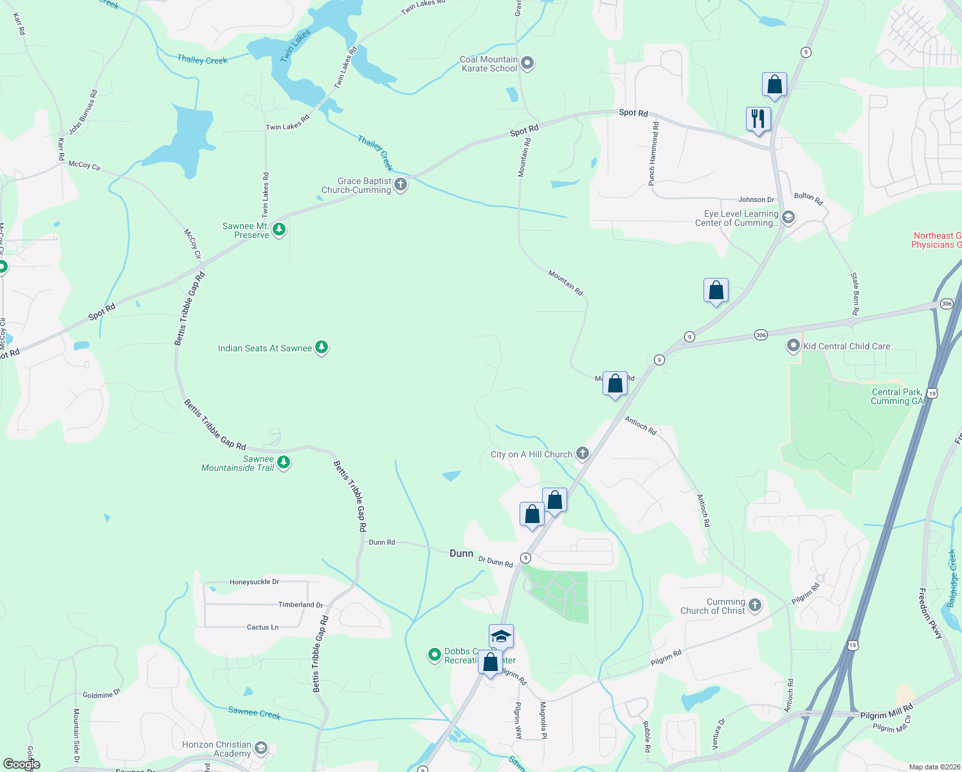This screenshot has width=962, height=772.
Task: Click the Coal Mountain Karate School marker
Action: click(527, 63)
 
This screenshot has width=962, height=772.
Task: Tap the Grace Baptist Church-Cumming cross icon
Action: click(401, 185)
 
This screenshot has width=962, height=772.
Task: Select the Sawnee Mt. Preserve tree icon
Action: click(279, 230)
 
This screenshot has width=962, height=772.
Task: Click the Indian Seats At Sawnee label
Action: click(265, 348)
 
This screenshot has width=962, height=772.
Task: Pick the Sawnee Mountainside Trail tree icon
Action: click(283, 463)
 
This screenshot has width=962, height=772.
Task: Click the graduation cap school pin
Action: click(501, 637)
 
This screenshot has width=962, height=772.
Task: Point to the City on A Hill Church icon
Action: click(583, 454)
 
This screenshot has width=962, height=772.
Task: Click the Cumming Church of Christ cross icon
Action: click(755, 605)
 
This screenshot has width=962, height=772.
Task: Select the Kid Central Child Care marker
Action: click(794, 346)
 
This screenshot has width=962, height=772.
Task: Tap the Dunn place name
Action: click(461, 553)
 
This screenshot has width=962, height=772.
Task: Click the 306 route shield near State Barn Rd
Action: click(761, 335)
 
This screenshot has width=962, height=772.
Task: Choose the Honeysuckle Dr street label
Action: click(254, 582)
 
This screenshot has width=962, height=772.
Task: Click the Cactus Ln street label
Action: click(262, 627)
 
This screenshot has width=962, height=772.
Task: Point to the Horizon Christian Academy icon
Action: click(260, 748)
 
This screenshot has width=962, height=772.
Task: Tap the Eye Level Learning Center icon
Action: click(788, 217)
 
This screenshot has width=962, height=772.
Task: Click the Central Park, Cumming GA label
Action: click(896, 396)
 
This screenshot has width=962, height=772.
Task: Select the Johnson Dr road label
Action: click(756, 199)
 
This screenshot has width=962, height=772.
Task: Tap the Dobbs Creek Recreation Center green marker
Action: click(434, 655)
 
